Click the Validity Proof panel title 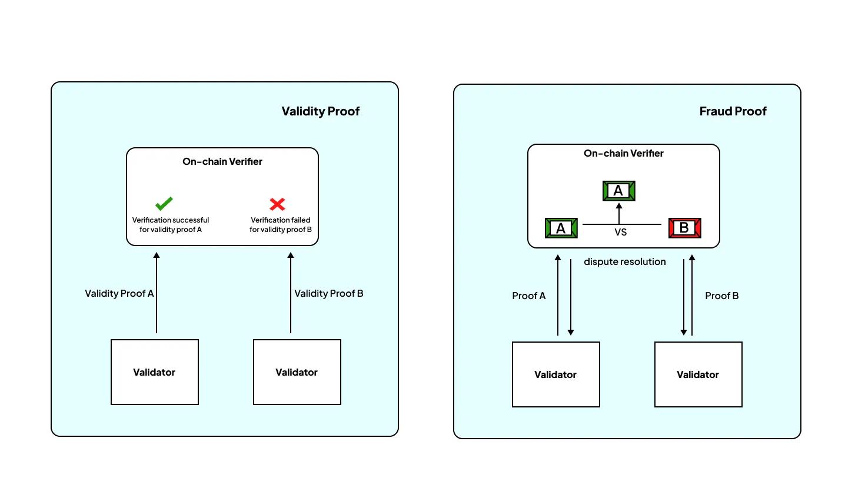(320, 111)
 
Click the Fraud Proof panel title (733, 111)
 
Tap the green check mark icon (164, 204)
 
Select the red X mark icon (277, 204)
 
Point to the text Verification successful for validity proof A (171, 225)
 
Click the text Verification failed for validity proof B (281, 225)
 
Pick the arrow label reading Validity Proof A (119, 293)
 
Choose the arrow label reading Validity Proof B (328, 293)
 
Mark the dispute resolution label (624, 261)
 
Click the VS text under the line (621, 233)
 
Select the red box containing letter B (684, 228)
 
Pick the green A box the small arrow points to (618, 191)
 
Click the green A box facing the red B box (561, 228)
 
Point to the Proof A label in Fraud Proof (528, 296)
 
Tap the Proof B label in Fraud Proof (721, 296)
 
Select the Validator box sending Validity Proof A (155, 372)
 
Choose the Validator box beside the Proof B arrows (698, 374)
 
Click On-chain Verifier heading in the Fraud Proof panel (623, 153)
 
